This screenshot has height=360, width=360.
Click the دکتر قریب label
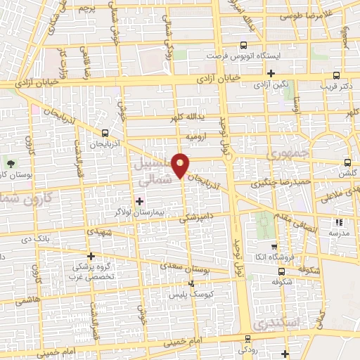click(337, 86)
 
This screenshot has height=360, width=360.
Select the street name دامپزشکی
click(193, 218)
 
